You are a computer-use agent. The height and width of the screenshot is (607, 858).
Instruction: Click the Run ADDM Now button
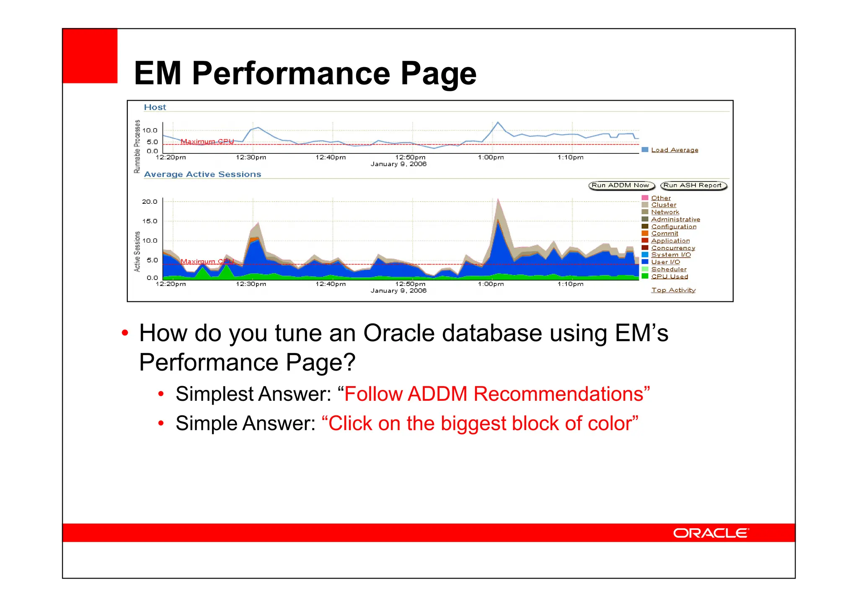pos(621,185)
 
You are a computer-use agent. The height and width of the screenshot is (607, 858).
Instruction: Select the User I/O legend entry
pos(665,262)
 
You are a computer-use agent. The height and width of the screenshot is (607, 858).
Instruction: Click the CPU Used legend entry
pos(669,276)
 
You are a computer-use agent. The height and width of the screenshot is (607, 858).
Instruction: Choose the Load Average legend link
pos(674,150)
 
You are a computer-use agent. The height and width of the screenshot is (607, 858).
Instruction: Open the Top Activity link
pos(673,290)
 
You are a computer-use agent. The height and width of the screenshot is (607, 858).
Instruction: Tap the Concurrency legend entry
pos(672,248)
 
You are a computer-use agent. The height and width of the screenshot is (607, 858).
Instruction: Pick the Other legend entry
pos(661,198)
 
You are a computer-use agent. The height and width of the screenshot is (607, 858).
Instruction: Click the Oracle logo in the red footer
pos(711,533)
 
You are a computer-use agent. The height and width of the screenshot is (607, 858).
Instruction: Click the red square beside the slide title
pos(90,56)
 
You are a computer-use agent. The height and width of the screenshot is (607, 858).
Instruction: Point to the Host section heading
pos(155,107)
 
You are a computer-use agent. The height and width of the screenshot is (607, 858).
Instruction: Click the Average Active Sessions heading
pos(202,174)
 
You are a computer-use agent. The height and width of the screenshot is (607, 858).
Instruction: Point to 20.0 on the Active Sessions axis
pos(150,202)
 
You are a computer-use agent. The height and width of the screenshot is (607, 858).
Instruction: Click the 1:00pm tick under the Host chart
pos(491,158)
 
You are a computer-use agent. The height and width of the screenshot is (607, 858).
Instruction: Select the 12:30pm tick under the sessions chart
pos(251,284)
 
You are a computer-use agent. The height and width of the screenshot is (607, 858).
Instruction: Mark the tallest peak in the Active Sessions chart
pos(498,200)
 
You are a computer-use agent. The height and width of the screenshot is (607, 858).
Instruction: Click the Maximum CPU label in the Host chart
pos(207,141)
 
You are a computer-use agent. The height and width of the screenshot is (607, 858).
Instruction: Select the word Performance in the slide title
pos(291,73)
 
